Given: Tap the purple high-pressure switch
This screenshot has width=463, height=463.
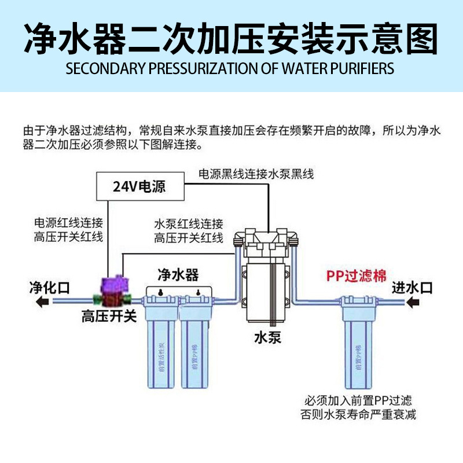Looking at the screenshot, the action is click(110, 288).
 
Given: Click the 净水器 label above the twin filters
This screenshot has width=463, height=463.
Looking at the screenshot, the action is click(178, 274).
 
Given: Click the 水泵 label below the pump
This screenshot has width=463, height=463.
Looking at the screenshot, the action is click(267, 337).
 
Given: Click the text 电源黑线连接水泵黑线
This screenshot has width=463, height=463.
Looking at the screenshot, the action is click(256, 174).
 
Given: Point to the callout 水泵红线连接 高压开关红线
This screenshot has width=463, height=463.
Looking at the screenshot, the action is click(189, 230).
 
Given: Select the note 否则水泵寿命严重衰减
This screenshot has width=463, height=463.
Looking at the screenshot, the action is click(358, 414).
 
